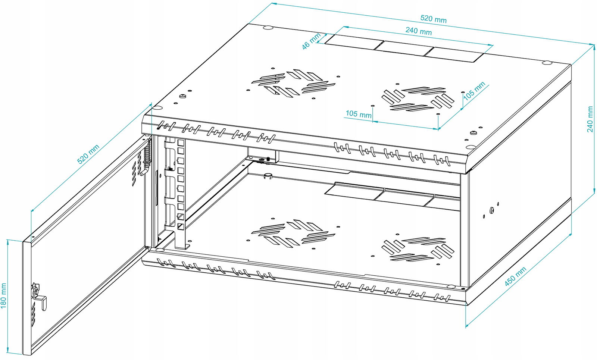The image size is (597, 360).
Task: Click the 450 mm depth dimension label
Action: click(x=515, y=276)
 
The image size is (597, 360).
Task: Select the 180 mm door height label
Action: click(x=4, y=295)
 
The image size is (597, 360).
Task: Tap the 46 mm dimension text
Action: click(x=311, y=41)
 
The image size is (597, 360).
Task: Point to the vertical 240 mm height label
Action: click(x=590, y=119)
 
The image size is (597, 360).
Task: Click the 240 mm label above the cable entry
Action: click(x=418, y=31)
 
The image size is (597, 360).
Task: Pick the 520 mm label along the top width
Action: click(x=433, y=19)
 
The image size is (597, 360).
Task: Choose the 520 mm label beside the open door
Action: click(x=88, y=154)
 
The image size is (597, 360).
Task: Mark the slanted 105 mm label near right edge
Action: click(x=474, y=91)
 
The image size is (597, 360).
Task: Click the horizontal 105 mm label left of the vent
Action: click(x=359, y=114)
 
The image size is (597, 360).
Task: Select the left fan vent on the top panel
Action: click(x=293, y=82)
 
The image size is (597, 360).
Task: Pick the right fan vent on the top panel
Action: click(x=418, y=98)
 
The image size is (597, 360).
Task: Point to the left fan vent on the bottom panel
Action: click(x=293, y=234)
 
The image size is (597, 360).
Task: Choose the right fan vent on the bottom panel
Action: click(x=418, y=249)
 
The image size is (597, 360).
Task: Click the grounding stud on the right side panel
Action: click(x=492, y=210)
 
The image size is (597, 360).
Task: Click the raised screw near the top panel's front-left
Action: click(x=182, y=96)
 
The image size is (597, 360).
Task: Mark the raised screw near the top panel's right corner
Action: click(x=473, y=132)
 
